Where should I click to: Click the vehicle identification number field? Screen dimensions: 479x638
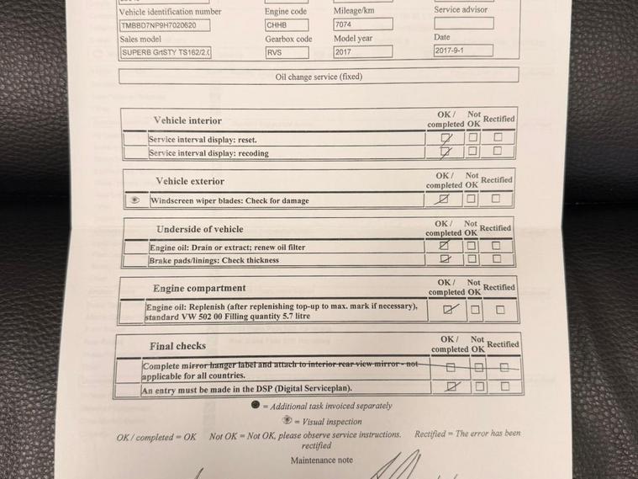coord(165,25)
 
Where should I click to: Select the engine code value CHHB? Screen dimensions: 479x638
coord(287,25)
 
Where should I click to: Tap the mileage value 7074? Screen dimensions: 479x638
coord(362,24)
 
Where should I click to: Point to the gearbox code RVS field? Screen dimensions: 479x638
coord(287,52)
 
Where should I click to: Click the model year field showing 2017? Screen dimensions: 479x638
coord(362,52)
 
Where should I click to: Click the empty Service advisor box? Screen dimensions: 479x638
coord(463,24)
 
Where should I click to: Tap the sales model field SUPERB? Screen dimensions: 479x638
coord(165,52)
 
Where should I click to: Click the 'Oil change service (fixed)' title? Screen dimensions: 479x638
coord(319,76)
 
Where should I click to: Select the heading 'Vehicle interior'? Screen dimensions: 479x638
coord(187,120)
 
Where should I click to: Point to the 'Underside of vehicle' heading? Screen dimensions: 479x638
coord(199,229)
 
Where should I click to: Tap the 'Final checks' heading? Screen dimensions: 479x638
coord(177,346)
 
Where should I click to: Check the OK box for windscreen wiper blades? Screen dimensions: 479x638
coord(444,200)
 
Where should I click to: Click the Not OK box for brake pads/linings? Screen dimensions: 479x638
coord(472,259)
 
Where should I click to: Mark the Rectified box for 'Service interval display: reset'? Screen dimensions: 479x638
coord(498,136)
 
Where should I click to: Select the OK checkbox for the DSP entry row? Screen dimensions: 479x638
coord(451,386)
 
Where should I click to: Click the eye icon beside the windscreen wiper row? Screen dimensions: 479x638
coord(134,200)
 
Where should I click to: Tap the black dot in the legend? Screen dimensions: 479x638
coord(255,405)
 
